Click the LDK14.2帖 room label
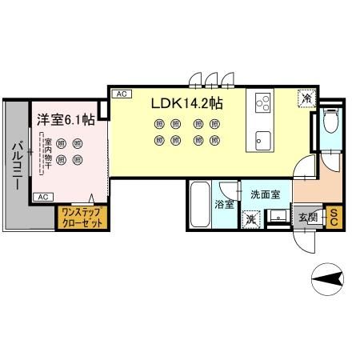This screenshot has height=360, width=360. (x=187, y=104)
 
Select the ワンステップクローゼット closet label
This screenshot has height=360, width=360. (x=79, y=218)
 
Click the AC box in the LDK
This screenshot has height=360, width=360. (x=121, y=94)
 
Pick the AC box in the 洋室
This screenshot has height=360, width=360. (x=43, y=196)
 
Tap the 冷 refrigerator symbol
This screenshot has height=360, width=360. (x=306, y=98)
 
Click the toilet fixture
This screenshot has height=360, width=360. (x=332, y=125)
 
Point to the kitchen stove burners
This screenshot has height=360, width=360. (x=263, y=103)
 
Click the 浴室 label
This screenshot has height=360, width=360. (x=225, y=205)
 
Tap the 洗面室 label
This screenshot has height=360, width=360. (x=265, y=194)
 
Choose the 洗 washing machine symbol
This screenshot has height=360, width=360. (x=251, y=218)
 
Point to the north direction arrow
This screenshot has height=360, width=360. (x=328, y=280)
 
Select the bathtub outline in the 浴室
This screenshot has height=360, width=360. (x=200, y=206)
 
